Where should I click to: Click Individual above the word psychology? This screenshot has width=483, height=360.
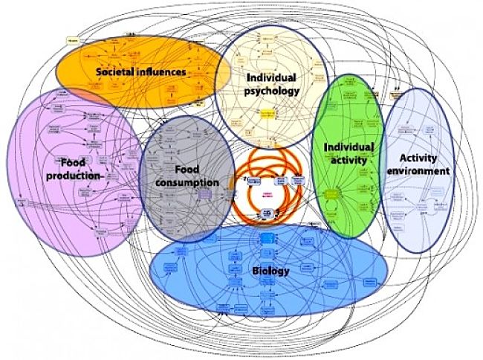pyautogui.click(x=271, y=77)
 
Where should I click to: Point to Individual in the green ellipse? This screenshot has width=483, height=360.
pyautogui.click(x=347, y=147)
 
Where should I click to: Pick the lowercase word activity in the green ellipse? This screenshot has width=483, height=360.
pyautogui.click(x=347, y=161)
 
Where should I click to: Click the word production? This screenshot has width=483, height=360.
pyautogui.click(x=72, y=176)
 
